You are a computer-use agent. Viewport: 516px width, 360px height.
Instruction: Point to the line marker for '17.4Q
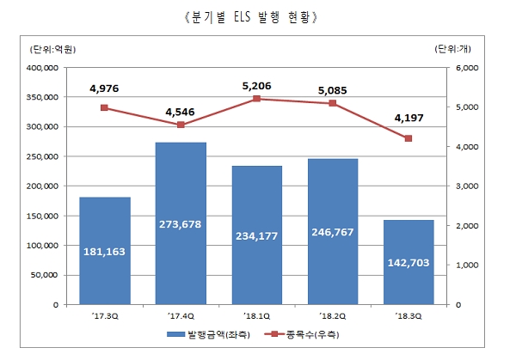[181, 125]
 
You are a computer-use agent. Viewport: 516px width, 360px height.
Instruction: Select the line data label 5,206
[257, 85]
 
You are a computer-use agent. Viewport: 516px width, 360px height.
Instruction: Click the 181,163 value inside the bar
[105, 253]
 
